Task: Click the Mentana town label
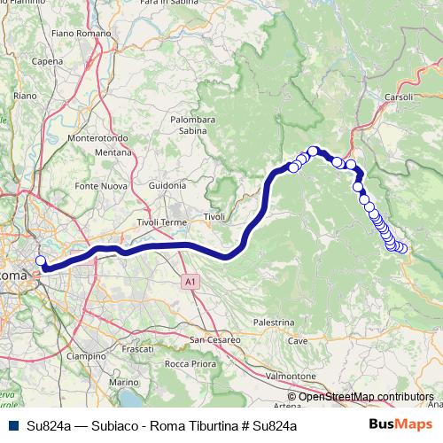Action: coord(113,153)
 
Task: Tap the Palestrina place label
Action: coord(275,323)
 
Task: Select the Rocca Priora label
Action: coord(190,364)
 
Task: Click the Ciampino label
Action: coord(85,356)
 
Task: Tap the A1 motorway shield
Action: coord(190,282)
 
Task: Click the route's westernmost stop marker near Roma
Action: coord(40,260)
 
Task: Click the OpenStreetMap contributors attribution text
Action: coord(366,397)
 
